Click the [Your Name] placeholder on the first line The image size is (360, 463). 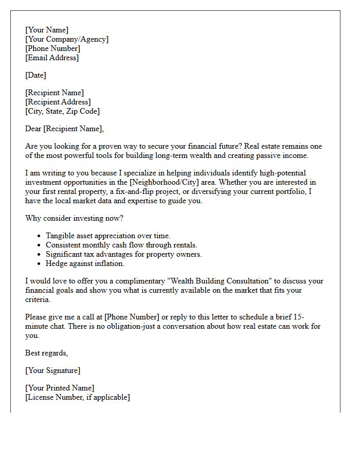(47, 30)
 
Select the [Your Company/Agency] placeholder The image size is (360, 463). (67, 40)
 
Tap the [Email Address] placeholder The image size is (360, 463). (52, 58)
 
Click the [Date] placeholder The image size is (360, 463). (35, 76)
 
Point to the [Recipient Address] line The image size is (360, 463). (58, 102)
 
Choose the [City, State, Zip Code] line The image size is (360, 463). (62, 112)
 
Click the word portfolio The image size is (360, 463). (291, 192)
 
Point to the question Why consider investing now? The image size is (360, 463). (74, 219)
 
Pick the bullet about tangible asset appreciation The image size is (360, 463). (108, 236)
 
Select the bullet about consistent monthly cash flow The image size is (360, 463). (121, 245)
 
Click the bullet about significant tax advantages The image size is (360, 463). (123, 255)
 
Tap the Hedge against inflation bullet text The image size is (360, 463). (85, 264)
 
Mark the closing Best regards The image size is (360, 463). (46, 353)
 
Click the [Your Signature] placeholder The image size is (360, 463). (52, 371)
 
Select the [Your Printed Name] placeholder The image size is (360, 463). (60, 388)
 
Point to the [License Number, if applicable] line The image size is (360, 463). (77, 398)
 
